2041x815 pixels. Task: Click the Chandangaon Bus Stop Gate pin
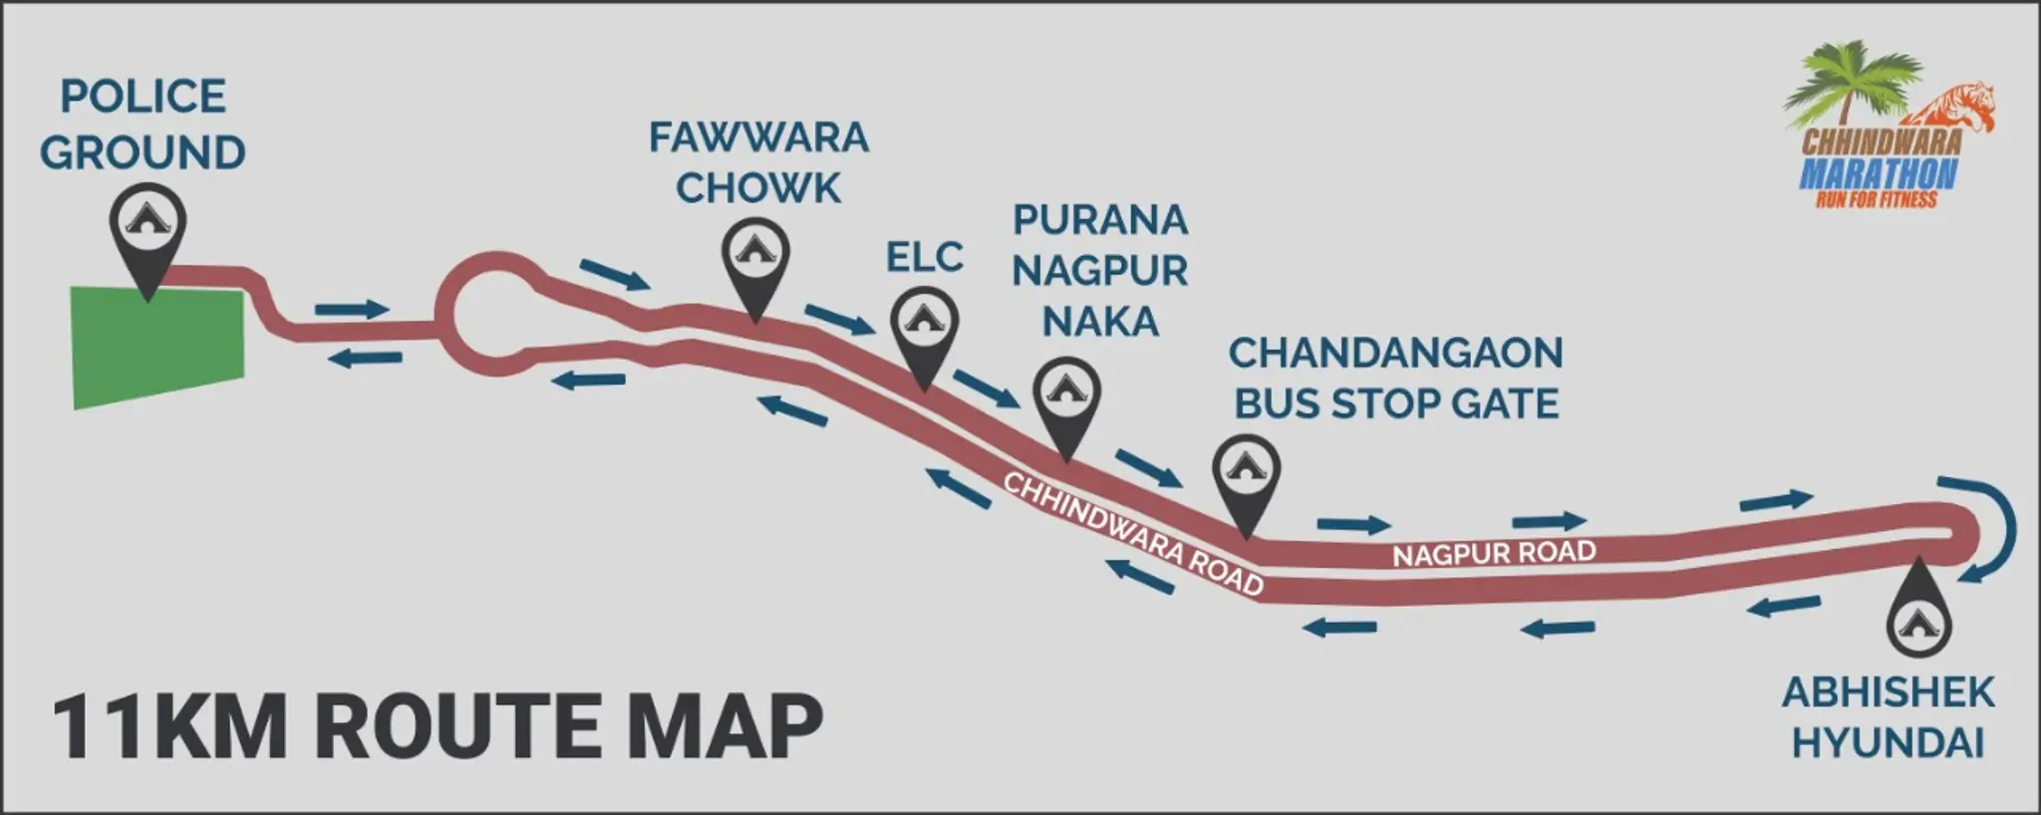pos(1246,473)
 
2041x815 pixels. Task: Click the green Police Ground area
pos(157,345)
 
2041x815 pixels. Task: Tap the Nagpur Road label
pos(1494,553)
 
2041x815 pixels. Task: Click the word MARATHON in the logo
pos(1878,174)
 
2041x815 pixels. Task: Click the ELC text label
pos(924,258)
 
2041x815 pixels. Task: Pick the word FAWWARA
pos(758,137)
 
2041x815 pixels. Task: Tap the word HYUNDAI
pos(1888,743)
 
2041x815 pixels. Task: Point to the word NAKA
pos(1100,322)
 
